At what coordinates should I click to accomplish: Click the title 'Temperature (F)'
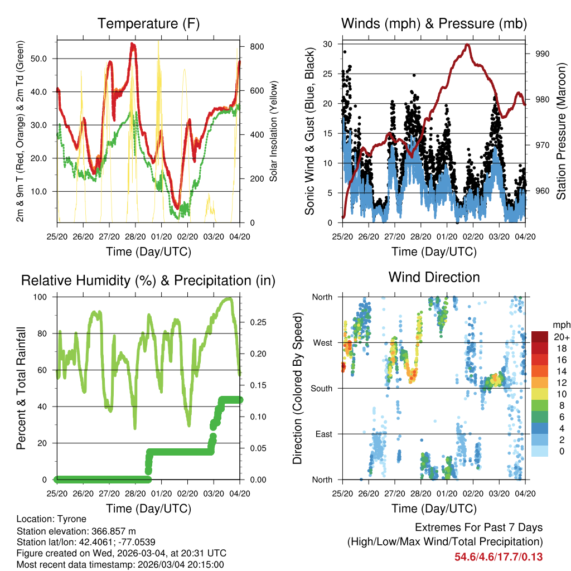click(148, 24)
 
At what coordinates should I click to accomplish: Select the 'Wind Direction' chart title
click(434, 277)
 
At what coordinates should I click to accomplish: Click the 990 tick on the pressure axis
click(543, 54)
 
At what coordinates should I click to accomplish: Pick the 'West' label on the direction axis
click(322, 342)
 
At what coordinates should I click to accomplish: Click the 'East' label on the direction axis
click(323, 434)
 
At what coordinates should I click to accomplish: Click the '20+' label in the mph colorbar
click(560, 337)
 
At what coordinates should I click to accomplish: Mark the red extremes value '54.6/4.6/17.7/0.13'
click(499, 557)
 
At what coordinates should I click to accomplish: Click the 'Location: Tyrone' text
click(50, 519)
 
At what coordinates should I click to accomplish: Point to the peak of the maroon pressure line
click(467, 45)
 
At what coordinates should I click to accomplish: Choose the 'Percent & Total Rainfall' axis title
click(21, 388)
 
